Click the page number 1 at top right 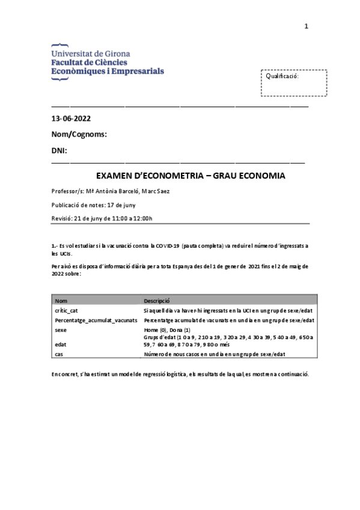pos(306,26)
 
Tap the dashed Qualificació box pos(294,82)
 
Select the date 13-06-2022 pos(72,118)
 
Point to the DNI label pos(59,150)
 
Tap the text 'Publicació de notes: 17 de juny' pos(94,205)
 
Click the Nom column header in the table pos(61,301)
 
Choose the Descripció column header pos(157,301)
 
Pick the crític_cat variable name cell pos(66,310)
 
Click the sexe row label pos(61,330)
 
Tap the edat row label pos(61,345)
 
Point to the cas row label pos(59,354)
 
